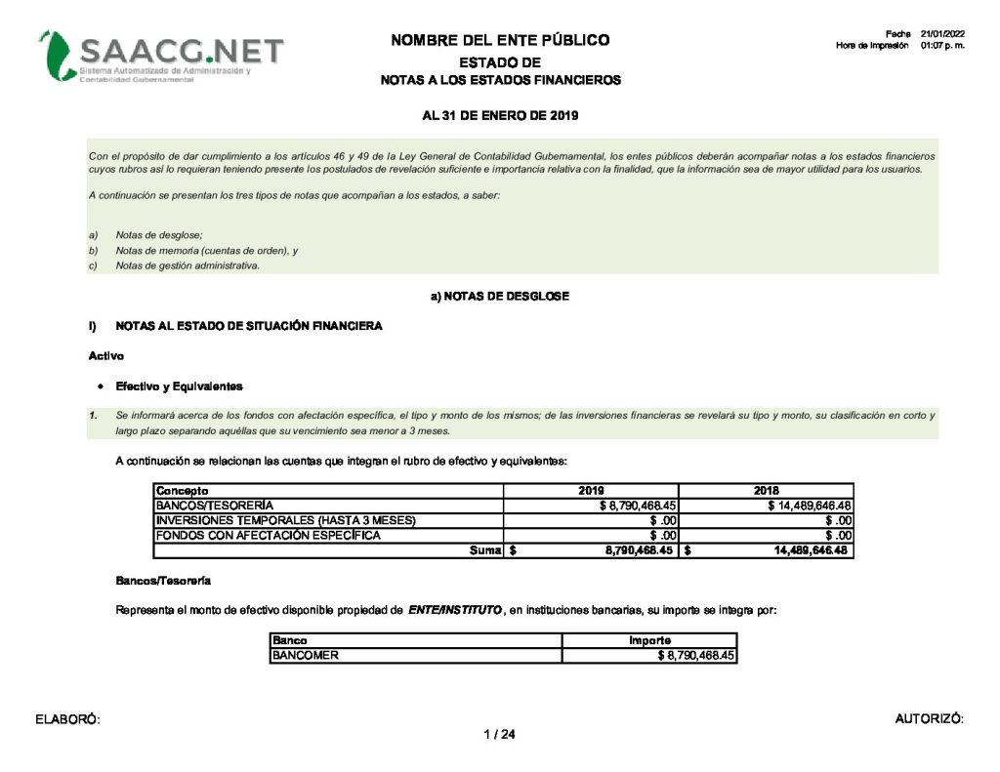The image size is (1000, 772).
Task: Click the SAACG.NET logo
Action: [x=161, y=56]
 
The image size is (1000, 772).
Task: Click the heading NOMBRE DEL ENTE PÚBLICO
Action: [x=500, y=40]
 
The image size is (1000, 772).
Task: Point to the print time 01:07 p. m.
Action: [x=942, y=46]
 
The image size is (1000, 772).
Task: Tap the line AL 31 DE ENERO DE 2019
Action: [x=500, y=116]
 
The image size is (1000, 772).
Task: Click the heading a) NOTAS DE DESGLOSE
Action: [x=500, y=296]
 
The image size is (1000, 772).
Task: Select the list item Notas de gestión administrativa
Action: [x=187, y=266]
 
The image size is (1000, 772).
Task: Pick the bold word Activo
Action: [x=105, y=356]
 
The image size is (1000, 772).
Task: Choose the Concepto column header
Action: [x=183, y=491]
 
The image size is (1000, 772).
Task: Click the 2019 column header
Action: [x=591, y=491]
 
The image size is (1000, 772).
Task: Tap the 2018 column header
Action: [x=767, y=491]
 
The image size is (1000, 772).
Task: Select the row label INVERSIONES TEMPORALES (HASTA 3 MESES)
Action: [x=286, y=520]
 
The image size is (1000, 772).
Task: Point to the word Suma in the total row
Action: [x=485, y=550]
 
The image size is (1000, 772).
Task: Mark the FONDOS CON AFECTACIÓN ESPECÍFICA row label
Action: [x=268, y=535]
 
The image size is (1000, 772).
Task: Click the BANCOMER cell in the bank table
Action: [x=306, y=656]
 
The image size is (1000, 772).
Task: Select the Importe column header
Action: [x=649, y=641]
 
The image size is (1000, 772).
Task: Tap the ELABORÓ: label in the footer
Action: [x=68, y=720]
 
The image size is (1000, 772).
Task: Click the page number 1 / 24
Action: [x=499, y=735]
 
